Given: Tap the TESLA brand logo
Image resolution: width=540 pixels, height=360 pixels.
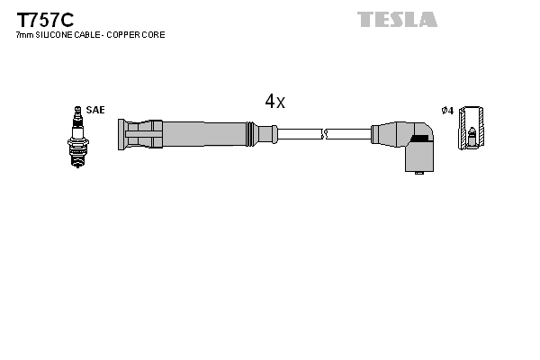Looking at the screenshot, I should (x=397, y=19).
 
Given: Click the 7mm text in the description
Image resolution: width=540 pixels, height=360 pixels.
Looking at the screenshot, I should (x=23, y=35).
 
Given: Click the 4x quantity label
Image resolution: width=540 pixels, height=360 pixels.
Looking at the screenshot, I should (x=274, y=102).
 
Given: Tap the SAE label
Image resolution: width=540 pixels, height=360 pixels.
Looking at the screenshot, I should (x=96, y=110).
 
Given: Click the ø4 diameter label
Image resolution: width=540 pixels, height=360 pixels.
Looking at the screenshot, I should (x=447, y=110).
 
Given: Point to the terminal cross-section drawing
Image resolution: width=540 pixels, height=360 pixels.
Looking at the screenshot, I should (x=472, y=130).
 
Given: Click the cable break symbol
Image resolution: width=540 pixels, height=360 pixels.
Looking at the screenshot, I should (x=326, y=134).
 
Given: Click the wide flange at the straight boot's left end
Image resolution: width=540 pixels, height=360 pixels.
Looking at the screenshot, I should (x=121, y=134).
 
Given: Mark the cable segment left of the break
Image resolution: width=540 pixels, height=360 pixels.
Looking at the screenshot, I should (x=299, y=134).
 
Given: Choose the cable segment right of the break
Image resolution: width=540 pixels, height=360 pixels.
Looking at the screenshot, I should (x=351, y=134).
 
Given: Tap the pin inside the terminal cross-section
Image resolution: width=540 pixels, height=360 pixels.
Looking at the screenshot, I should (x=472, y=138).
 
